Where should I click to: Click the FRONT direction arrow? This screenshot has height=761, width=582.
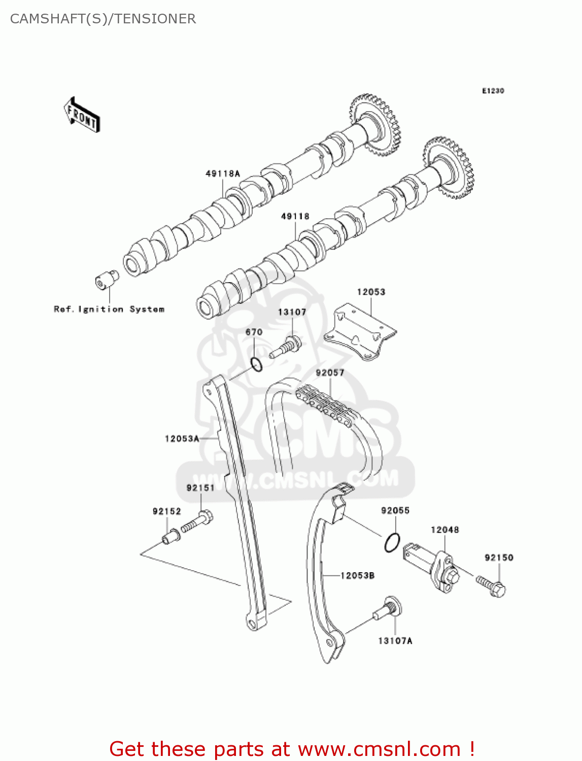[x=82, y=115]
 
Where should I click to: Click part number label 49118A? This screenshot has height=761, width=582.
[x=222, y=174]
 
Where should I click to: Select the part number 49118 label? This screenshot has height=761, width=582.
[x=295, y=216]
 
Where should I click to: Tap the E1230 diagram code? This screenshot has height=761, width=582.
[x=493, y=91]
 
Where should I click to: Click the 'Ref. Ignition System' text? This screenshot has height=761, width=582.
[x=109, y=309]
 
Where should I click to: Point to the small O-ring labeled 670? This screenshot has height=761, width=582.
[x=257, y=364]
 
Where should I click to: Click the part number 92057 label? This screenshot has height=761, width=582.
[x=330, y=373]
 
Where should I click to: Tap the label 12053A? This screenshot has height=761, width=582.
[x=182, y=438]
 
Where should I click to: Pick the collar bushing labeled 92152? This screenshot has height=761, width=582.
[x=170, y=536]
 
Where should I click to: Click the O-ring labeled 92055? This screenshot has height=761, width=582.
[x=392, y=542]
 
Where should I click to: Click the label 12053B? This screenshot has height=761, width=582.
[x=357, y=575]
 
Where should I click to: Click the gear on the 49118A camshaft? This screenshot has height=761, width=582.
[x=375, y=124]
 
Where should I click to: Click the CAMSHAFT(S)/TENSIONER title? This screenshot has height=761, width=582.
[x=103, y=19]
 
